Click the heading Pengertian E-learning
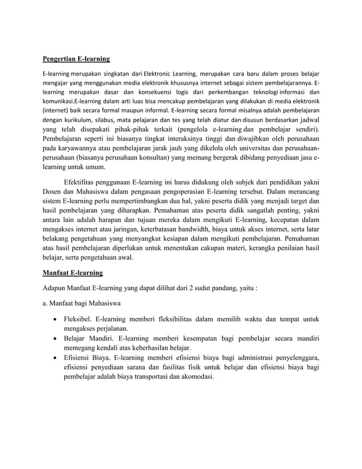[76, 58]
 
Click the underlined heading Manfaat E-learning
[73, 273]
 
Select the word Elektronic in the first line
[161, 74]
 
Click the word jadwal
[307, 120]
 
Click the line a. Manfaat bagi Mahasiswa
[83, 303]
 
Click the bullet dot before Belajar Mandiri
[54, 338]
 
